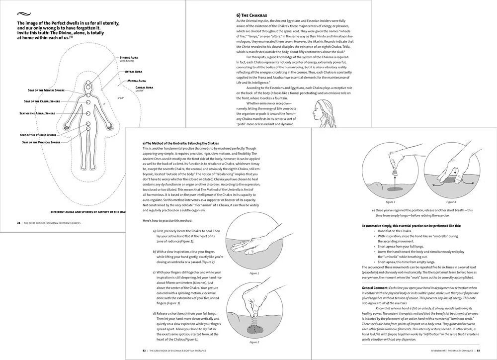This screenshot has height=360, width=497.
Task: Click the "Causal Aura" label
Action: pos(144,87)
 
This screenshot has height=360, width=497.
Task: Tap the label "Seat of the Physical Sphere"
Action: pos(41,143)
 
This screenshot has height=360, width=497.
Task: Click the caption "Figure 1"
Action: pos(254,273)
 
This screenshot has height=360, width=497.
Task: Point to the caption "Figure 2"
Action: pos(255,343)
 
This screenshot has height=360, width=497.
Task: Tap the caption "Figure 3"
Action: pos(391,202)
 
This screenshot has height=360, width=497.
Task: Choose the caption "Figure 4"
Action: pos(451,202)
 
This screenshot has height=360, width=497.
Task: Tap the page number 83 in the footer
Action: pos(478,351)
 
